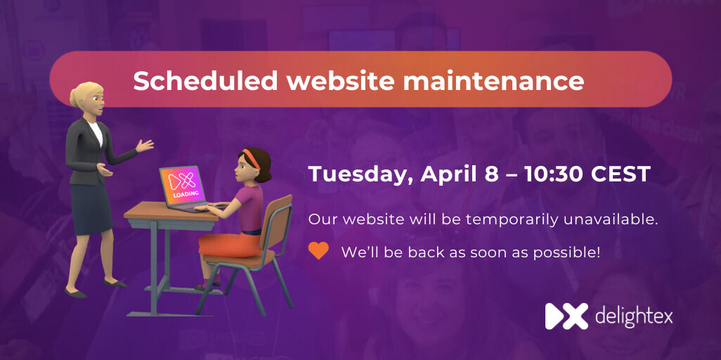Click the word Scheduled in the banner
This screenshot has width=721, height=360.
click(205, 81)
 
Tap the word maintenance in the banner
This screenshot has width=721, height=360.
click(493, 81)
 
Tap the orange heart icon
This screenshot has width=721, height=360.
click(318, 251)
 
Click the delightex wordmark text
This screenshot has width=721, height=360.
click(633, 316)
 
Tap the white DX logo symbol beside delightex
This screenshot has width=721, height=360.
click(566, 316)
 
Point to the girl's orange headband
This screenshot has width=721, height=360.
click(251, 157)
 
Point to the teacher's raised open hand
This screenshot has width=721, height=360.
click(144, 146)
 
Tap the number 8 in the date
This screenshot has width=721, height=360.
click(491, 174)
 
